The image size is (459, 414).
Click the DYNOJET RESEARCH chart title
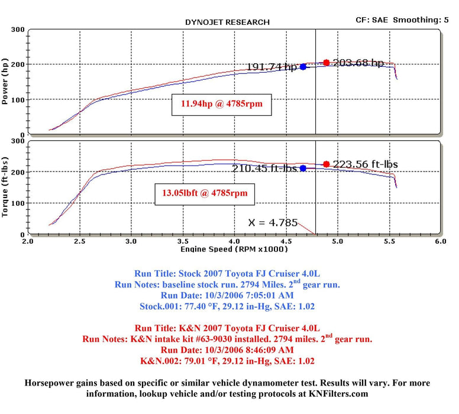227,22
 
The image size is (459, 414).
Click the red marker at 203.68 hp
326,63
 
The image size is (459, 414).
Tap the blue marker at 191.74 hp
303,67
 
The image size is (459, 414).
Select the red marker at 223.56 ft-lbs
326,164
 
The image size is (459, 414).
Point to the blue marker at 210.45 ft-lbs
303,169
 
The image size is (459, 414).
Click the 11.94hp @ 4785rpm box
221,105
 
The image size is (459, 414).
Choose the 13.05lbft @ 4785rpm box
201,193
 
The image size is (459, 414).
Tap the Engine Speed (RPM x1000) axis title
234,249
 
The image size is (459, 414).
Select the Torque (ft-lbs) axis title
6,187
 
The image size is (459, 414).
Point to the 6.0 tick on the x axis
440,242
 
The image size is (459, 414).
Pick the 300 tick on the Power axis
18,29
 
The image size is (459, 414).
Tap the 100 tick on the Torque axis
18,203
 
